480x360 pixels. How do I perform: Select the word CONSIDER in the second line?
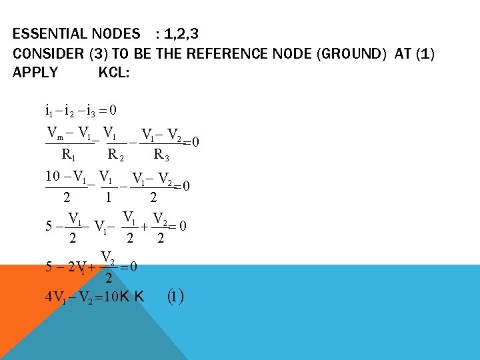(47, 53)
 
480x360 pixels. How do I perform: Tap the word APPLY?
(35, 72)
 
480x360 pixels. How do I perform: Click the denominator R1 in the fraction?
(67, 155)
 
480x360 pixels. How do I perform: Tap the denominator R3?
(161, 155)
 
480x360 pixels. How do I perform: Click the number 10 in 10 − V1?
(53, 177)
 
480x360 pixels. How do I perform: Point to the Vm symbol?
(55, 132)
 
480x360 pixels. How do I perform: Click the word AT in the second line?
(403, 53)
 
